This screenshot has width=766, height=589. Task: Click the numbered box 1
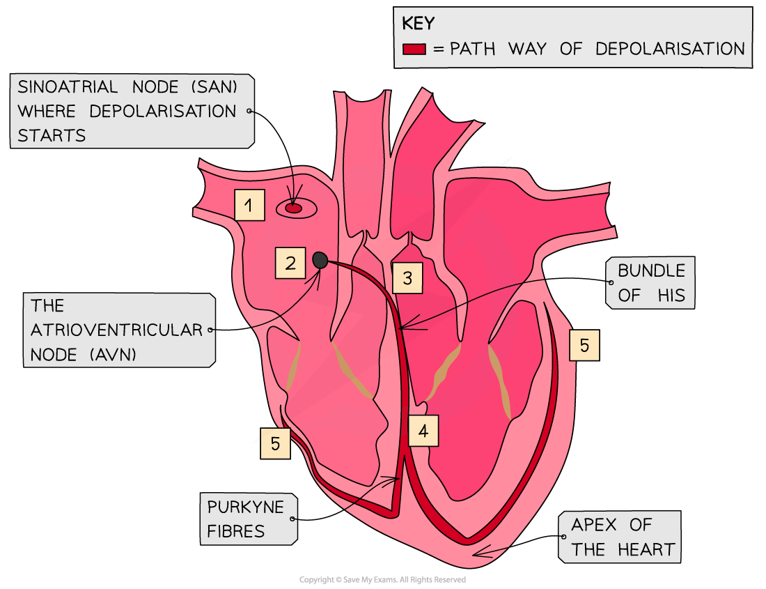[x=249, y=205]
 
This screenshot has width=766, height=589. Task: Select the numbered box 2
[x=290, y=263]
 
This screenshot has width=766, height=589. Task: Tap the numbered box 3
[x=407, y=279]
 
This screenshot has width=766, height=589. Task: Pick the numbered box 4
[x=423, y=431]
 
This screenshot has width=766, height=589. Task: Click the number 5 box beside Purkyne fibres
[x=276, y=443]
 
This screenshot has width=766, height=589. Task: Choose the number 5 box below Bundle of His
[x=584, y=345]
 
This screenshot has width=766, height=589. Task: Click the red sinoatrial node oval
[x=294, y=208]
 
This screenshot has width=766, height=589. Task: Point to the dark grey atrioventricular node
[x=320, y=260]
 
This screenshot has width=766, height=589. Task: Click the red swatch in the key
[x=414, y=49]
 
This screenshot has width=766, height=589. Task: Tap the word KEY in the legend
[x=418, y=24]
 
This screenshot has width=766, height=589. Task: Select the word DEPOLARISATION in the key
[x=670, y=49]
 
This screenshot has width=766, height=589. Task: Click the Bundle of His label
[x=650, y=283]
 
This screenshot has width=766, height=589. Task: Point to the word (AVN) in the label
[x=114, y=354]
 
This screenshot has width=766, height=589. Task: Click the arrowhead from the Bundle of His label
[x=405, y=325]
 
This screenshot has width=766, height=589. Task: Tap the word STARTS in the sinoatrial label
[x=52, y=135]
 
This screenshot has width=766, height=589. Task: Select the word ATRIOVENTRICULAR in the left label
[x=116, y=330]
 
